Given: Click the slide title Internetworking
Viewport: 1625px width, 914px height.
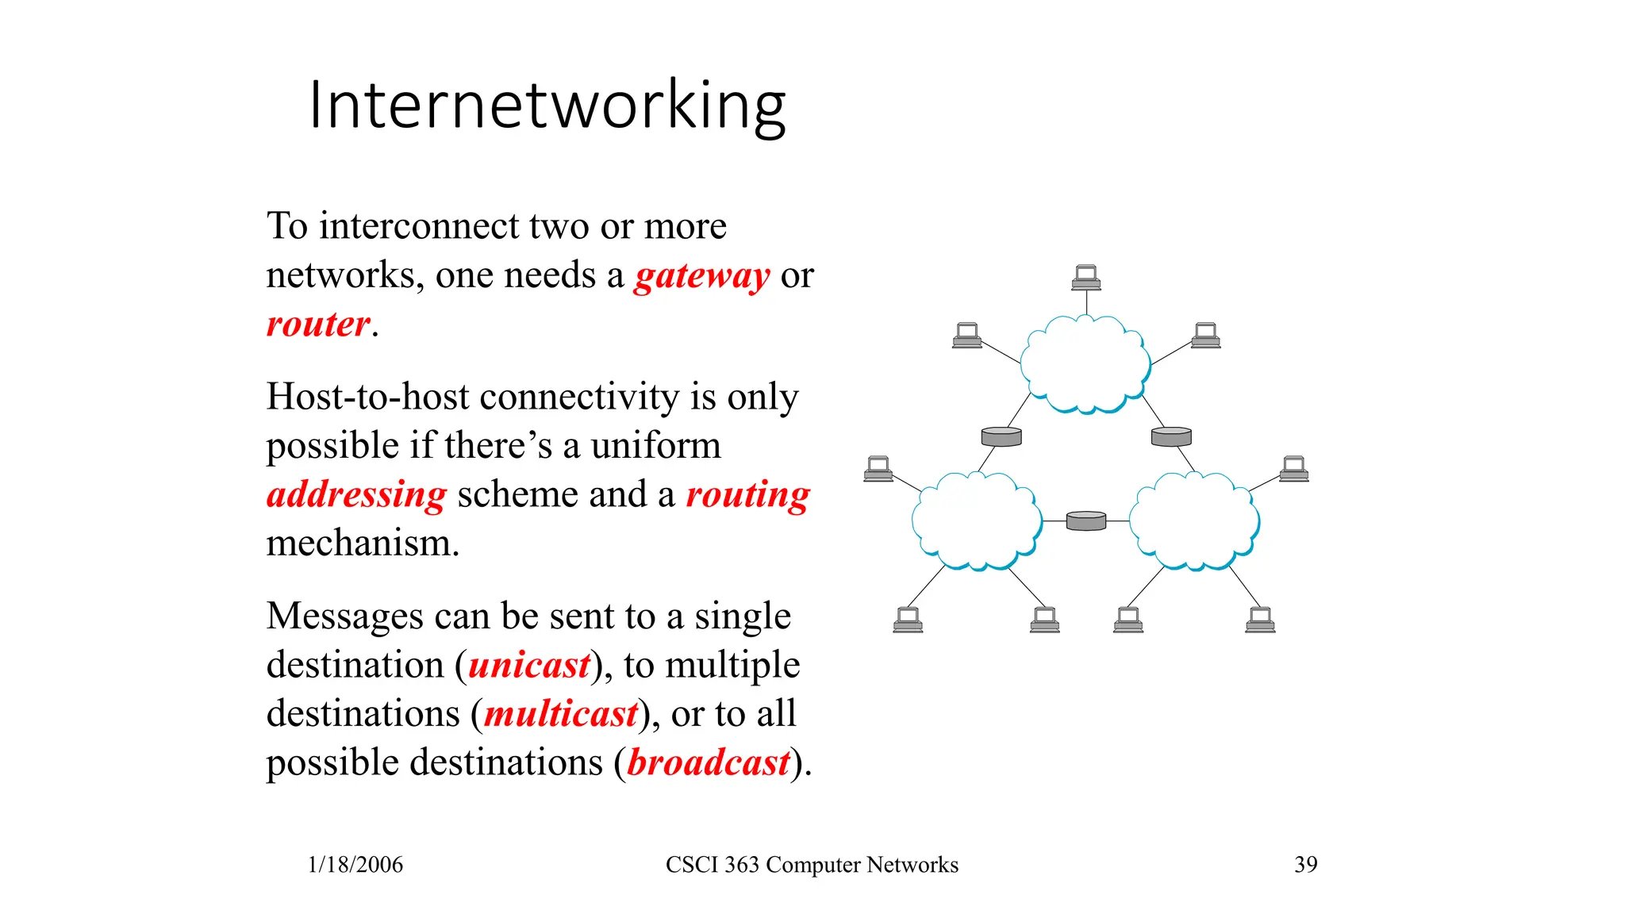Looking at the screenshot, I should tap(547, 106).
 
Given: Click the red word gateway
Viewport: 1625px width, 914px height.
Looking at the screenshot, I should tap(701, 276).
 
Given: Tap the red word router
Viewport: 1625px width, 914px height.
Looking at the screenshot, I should tap(318, 324).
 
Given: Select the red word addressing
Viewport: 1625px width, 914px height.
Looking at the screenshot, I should tap(357, 494).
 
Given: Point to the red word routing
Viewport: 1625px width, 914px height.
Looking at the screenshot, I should tap(747, 494).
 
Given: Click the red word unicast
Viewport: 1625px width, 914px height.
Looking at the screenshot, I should tap(529, 665).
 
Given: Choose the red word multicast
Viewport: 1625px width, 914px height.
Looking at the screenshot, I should tap(561, 714).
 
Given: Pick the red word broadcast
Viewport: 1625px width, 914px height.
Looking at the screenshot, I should tap(709, 762).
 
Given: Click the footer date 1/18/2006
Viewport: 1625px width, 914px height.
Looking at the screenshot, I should tap(355, 864).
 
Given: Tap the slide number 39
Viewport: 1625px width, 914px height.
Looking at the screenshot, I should tap(1305, 864).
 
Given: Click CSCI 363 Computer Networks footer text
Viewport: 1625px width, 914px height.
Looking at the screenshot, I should tap(812, 864).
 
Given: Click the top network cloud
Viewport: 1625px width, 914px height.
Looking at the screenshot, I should tap(1085, 364).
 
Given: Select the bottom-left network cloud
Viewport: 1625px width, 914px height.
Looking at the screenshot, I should tap(976, 520).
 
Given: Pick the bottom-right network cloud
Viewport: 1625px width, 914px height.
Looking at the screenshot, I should tap(1194, 520).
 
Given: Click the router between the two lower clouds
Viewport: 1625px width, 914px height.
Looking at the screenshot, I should tap(1085, 520).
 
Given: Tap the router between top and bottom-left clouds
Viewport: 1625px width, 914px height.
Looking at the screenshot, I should tap(1001, 436).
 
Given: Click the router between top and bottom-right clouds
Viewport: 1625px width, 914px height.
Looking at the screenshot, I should tap(1171, 436).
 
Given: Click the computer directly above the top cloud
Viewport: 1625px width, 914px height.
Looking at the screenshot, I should tap(1085, 278).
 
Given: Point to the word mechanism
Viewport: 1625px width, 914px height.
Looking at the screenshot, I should tap(363, 543).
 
